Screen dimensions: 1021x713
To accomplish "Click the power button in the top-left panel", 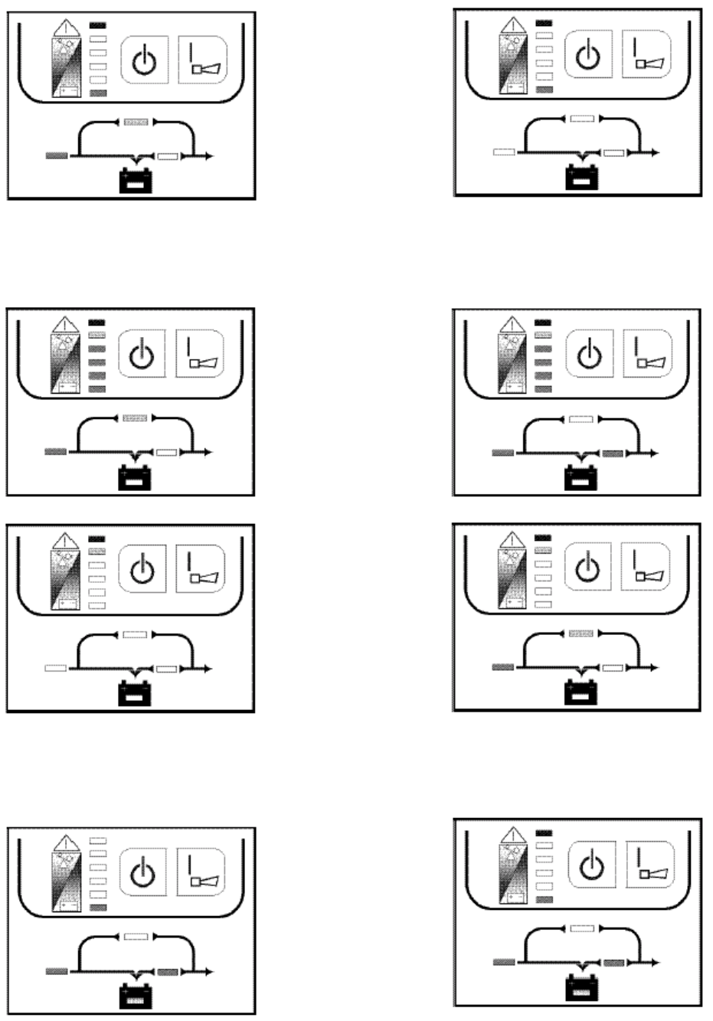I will point(145,60).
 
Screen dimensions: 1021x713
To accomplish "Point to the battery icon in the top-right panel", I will point(581,177).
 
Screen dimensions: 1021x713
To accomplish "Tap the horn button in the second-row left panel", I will point(201,353).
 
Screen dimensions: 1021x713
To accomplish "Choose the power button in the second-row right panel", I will point(589,355).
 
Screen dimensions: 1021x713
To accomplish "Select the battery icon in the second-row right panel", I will point(581,479).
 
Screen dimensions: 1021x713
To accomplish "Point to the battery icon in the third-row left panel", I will point(135,694).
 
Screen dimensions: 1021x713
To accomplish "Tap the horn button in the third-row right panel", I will point(644,568).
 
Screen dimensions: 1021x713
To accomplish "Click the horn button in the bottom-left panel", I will point(201,872).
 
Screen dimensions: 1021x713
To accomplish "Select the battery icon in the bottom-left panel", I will point(136,996).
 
